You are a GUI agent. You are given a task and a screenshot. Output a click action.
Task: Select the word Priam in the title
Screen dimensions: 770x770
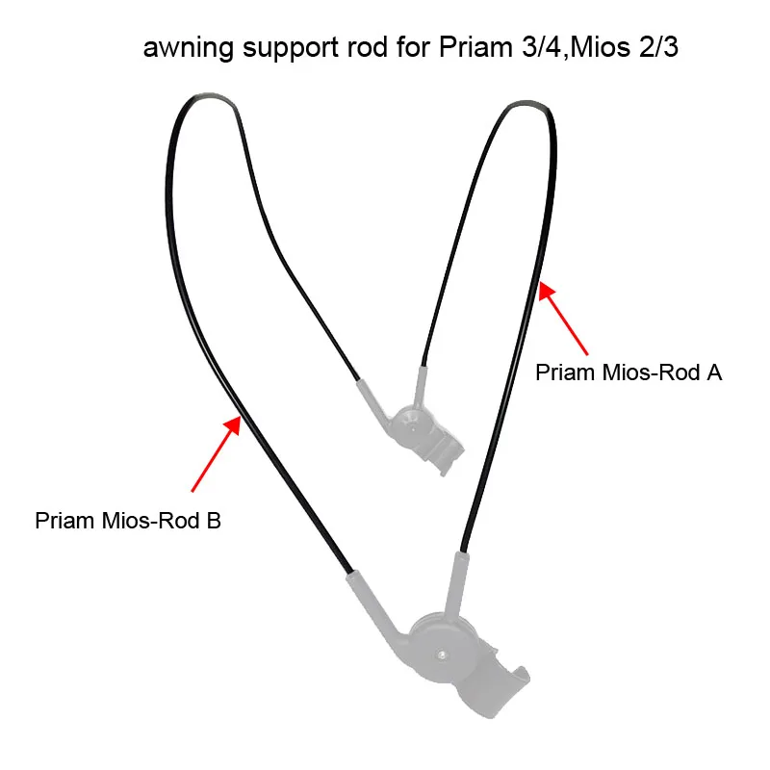[x=475, y=47]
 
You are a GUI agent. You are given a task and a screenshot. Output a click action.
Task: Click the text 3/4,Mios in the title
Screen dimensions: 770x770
[x=576, y=48]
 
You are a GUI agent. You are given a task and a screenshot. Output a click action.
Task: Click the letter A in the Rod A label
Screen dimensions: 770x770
[x=714, y=372]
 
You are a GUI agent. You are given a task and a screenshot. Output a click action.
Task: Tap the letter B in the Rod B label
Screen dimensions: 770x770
[x=214, y=521]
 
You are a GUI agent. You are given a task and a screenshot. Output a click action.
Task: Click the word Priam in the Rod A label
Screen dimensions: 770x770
[x=565, y=372]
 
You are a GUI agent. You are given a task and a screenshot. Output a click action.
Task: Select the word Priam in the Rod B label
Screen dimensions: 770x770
[x=64, y=521]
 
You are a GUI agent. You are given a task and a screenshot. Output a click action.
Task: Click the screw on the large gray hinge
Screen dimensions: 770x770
[x=442, y=654]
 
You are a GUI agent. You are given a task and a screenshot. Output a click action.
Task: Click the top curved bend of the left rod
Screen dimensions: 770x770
[x=209, y=95]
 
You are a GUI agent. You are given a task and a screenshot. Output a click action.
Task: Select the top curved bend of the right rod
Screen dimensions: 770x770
[x=527, y=104]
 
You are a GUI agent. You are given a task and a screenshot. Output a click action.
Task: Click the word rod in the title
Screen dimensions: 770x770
[x=368, y=48]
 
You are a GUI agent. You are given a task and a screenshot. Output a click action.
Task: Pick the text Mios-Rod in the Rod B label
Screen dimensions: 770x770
[x=151, y=521]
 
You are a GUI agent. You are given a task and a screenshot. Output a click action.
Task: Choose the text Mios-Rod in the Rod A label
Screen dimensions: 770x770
[x=652, y=372]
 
